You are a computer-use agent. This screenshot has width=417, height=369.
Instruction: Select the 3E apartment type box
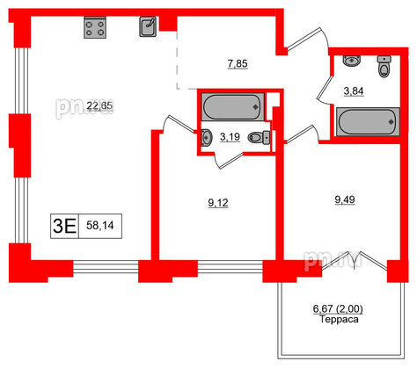click(x=64, y=225)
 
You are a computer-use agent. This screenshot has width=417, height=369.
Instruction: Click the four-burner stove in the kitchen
click(x=95, y=29)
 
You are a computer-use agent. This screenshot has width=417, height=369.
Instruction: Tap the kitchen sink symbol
click(x=148, y=28)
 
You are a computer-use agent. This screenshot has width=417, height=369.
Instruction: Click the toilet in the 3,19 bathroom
click(x=258, y=136)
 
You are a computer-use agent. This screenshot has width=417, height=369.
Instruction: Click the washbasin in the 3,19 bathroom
click(x=205, y=136)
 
